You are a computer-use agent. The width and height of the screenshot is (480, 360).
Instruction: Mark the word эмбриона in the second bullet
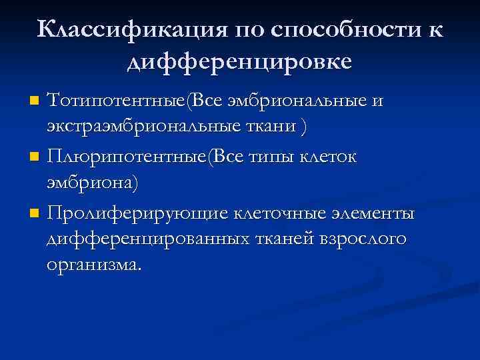91,185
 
